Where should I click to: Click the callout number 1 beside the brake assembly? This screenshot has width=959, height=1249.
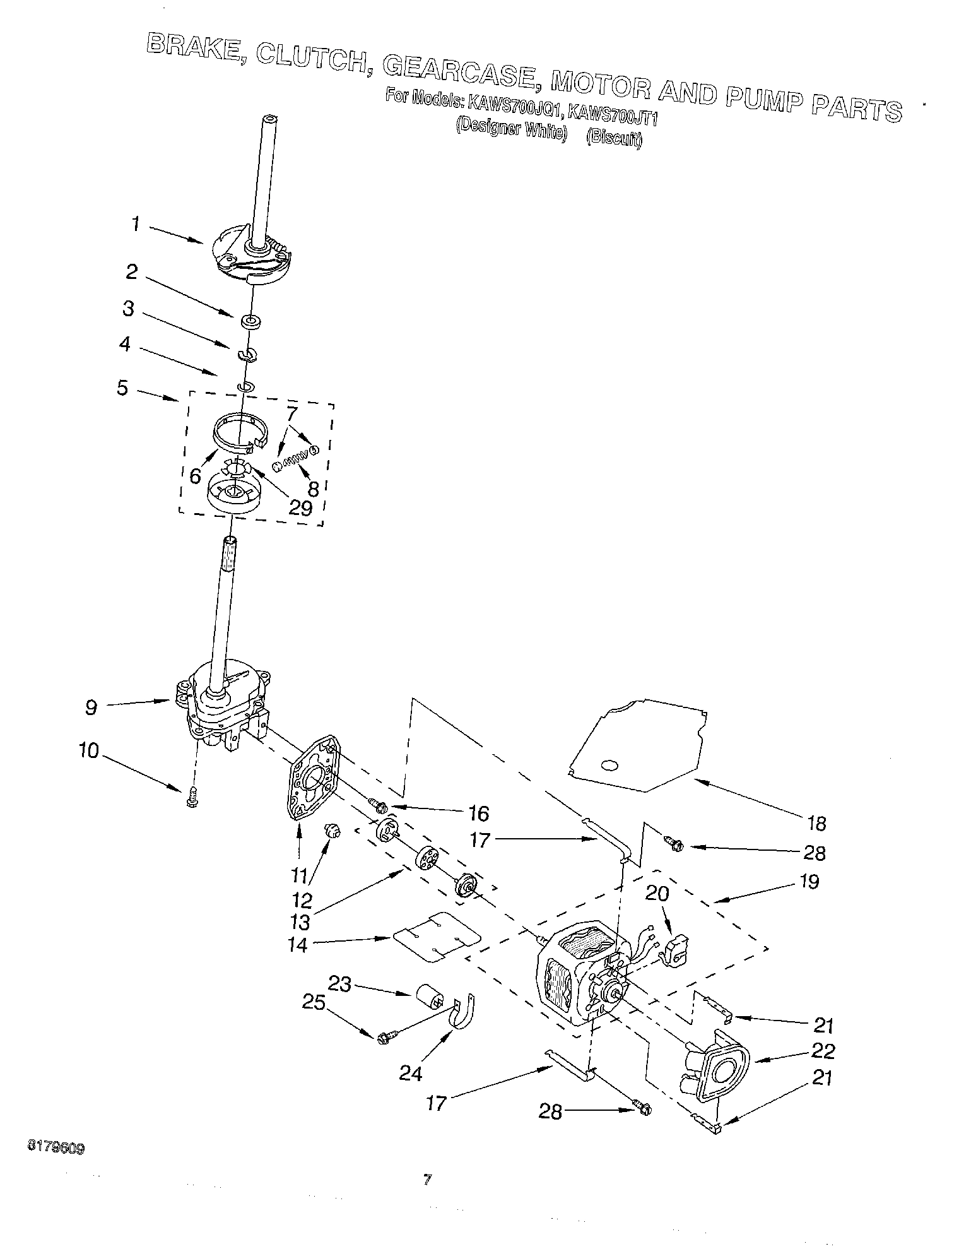(135, 225)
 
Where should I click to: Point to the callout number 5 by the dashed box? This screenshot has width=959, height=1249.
(122, 387)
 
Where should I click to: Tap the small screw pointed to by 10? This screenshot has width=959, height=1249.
(191, 800)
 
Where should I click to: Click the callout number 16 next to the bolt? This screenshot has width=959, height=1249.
(479, 814)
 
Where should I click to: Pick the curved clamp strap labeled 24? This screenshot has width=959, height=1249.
(464, 1012)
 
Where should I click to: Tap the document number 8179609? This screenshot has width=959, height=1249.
(56, 1147)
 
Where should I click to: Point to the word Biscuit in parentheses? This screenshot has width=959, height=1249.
(614, 138)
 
